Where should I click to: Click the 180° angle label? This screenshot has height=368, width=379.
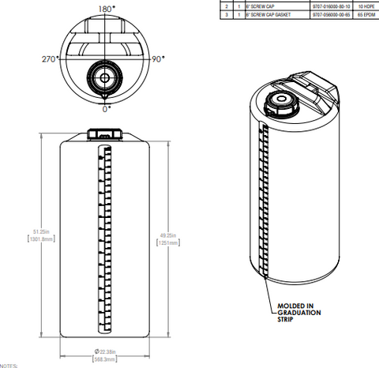[x=105, y=9]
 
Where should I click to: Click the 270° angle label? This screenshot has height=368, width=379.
[x=51, y=59]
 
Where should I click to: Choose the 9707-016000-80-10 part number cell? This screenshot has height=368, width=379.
[x=325, y=6]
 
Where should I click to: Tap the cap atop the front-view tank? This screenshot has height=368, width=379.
[x=103, y=135]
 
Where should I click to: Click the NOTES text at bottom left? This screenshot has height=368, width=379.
[x=8, y=366]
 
